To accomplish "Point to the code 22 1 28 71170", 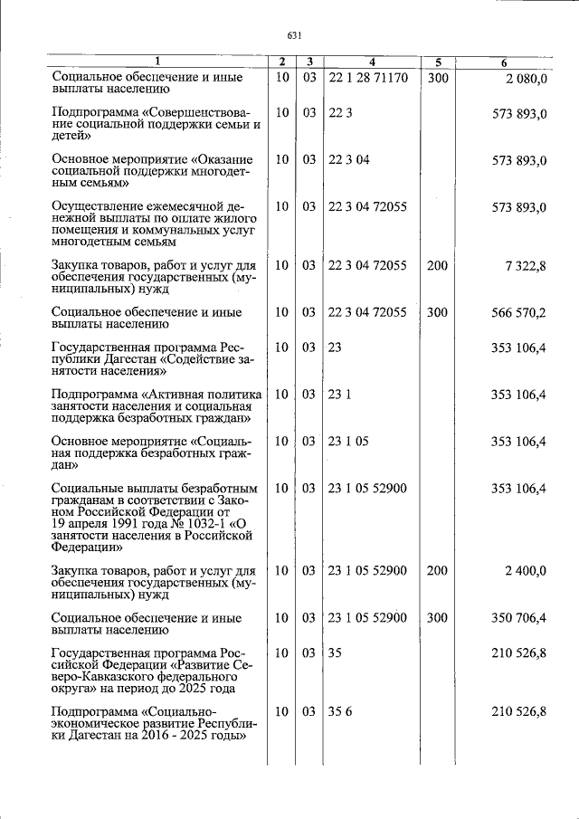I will click(368, 79).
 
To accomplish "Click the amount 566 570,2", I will click(517, 313).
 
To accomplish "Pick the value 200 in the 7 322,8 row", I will click(437, 266).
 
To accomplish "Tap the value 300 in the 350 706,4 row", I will click(437, 618).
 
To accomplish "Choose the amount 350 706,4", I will click(517, 618).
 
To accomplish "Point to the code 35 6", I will click(340, 712).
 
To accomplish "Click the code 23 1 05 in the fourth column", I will click(348, 442).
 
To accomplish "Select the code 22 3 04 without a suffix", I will click(348, 160).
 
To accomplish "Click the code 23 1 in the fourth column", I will click(340, 395).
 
